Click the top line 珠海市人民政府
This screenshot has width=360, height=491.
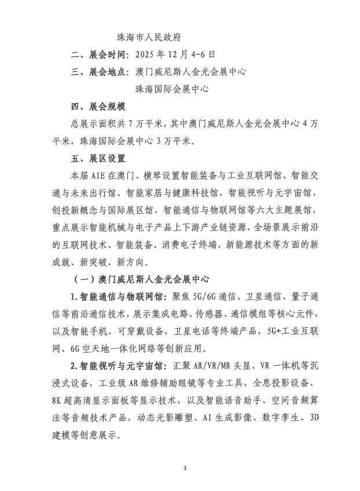pyautogui.click(x=149, y=37)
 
